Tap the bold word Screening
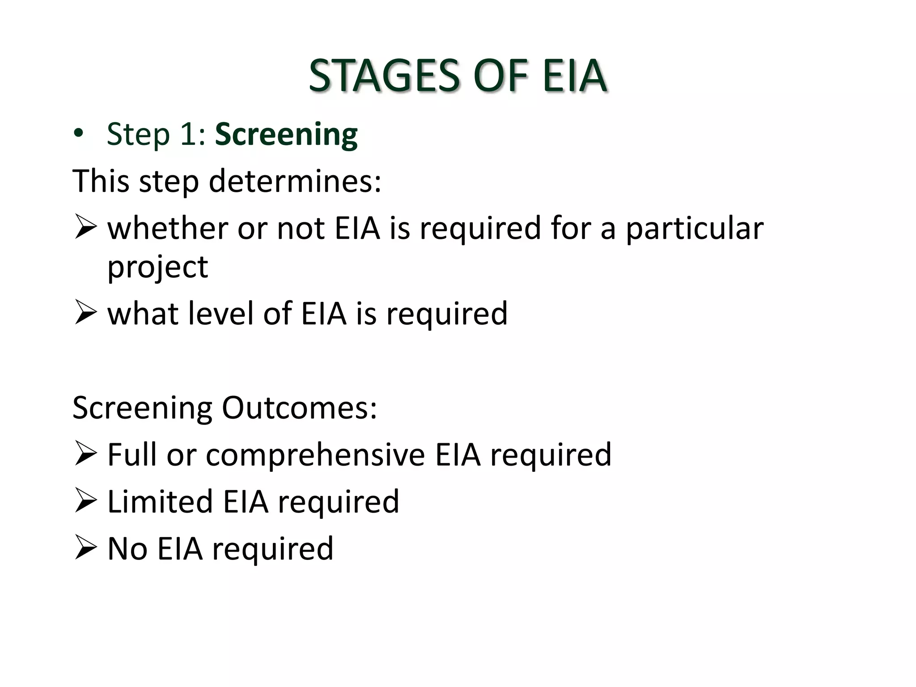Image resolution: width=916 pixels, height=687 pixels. coord(286,134)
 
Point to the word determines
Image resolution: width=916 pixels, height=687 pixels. coord(295,182)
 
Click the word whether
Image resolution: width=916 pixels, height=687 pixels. coord(168,228)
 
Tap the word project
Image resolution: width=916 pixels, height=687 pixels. coord(157,267)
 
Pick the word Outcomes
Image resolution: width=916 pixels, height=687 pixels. coord(299,408)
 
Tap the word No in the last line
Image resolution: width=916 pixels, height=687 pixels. coord(127,549)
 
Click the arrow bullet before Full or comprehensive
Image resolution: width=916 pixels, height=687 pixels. coord(85,454)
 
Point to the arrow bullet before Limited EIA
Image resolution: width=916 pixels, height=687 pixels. coord(85,500)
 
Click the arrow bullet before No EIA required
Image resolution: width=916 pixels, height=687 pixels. coord(85,547)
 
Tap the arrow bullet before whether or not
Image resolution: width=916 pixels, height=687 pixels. coord(85,227)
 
